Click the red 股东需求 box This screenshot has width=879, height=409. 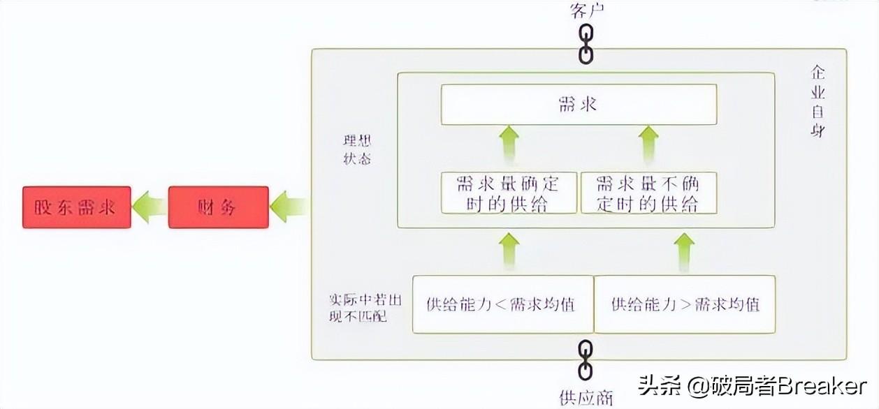pyautogui.click(x=76, y=207)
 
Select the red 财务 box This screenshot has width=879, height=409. pyautogui.click(x=218, y=207)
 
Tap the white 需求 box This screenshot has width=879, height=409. pyautogui.click(x=578, y=105)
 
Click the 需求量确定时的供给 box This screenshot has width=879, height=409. pyautogui.click(x=509, y=193)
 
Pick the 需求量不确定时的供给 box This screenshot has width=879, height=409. pyautogui.click(x=648, y=193)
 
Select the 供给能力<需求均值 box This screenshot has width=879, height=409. pyautogui.click(x=502, y=304)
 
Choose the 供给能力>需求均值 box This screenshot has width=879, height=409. pyautogui.click(x=685, y=304)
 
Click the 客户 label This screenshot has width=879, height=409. pyautogui.click(x=587, y=10)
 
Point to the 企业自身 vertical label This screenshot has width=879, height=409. pyautogui.click(x=817, y=102)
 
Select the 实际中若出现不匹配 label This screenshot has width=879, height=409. pyautogui.click(x=356, y=307)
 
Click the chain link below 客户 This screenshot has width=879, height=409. pyautogui.click(x=586, y=43)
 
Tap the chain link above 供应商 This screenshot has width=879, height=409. pyautogui.click(x=586, y=360)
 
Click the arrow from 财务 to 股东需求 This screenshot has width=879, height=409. pyautogui.click(x=149, y=207)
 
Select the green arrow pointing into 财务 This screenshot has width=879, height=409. pyautogui.click(x=288, y=207)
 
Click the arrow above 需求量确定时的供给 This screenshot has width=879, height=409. pyautogui.click(x=510, y=144)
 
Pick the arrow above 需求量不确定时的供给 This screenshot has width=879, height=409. pyautogui.click(x=649, y=144)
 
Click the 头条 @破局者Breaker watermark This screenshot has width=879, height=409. pyautogui.click(x=752, y=386)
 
